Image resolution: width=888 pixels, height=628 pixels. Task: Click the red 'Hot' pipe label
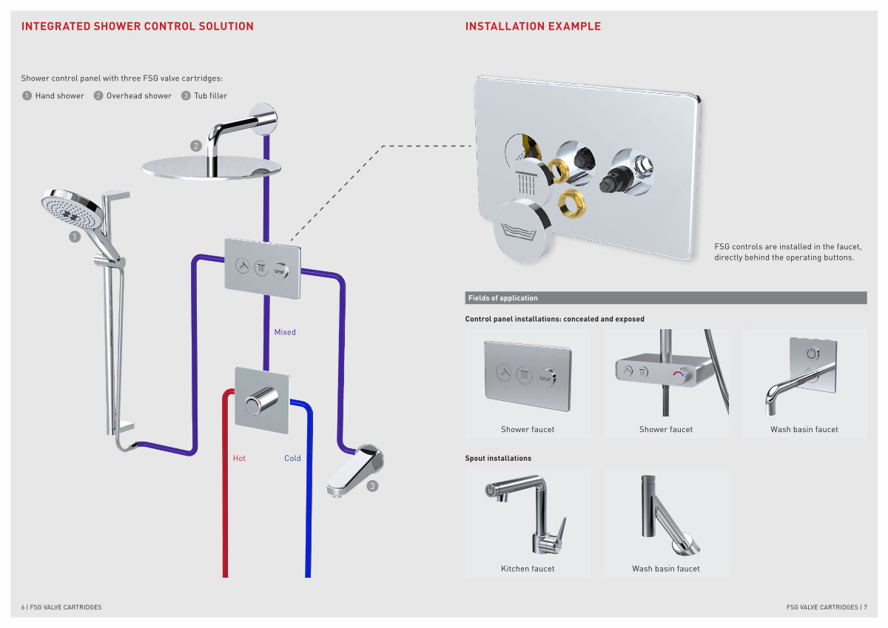click(239, 459)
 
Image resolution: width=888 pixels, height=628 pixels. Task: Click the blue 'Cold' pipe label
click(292, 459)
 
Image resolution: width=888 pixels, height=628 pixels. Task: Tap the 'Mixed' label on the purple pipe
click(285, 332)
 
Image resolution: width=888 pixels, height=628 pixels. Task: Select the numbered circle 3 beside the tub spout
click(372, 486)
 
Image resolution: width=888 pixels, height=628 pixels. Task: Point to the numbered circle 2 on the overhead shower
click(196, 146)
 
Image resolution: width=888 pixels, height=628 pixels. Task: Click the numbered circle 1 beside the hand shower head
click(75, 237)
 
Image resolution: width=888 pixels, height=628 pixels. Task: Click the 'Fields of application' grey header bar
click(665, 298)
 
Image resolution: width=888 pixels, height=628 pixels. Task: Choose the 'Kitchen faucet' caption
click(528, 569)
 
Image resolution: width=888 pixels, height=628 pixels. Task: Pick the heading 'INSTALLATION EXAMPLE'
click(533, 27)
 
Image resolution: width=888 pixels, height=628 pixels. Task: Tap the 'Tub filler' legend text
click(211, 96)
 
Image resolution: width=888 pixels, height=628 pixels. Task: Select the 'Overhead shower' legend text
click(139, 96)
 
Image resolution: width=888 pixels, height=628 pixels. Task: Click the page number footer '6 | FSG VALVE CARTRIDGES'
click(61, 607)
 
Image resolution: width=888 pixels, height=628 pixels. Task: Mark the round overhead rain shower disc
click(212, 167)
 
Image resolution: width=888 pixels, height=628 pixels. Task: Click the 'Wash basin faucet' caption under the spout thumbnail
click(666, 569)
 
